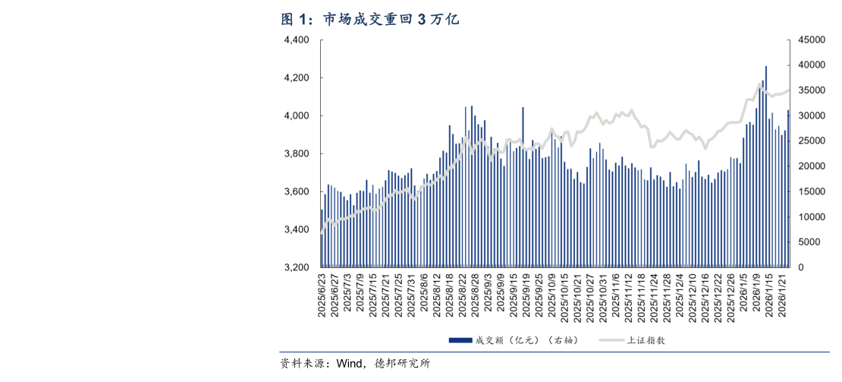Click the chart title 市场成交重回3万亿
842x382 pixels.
coord(391,19)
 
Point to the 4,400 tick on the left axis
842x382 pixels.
coord(296,40)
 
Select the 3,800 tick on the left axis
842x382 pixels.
coord(296,154)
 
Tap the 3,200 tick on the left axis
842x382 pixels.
coord(296,268)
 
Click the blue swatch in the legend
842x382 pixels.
coord(460,339)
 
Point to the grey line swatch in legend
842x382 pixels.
coord(611,339)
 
